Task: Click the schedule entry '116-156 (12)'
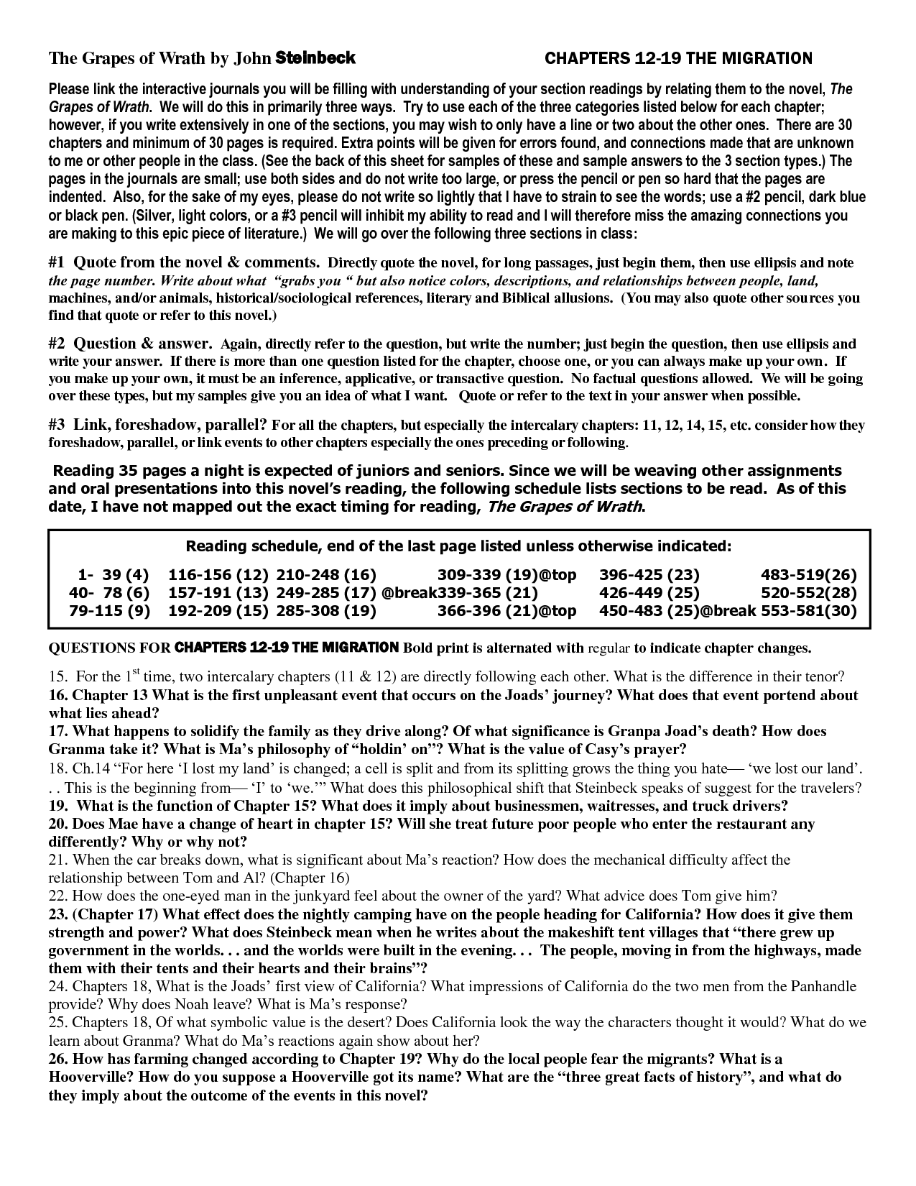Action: [218, 574]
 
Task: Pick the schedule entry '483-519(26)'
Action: [809, 574]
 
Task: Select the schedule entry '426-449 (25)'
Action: [649, 593]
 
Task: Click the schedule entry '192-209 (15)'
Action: [218, 611]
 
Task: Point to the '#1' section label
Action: [57, 262]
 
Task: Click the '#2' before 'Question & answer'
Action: [57, 344]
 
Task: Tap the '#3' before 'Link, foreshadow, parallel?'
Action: [57, 425]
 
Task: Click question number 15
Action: [57, 676]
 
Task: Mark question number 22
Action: [57, 896]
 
